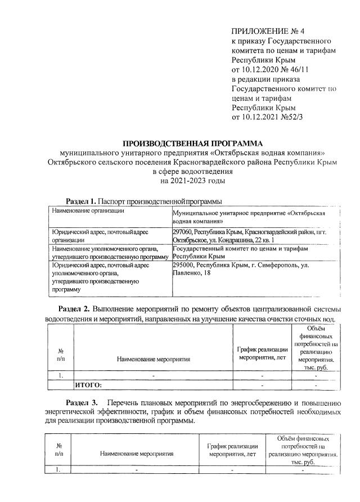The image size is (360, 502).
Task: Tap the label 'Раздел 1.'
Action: pos(81,201)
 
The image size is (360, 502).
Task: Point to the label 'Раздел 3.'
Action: pos(82,403)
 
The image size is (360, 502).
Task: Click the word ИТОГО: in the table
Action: pos(88,385)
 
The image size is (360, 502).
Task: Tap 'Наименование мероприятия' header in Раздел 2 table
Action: pos(153,358)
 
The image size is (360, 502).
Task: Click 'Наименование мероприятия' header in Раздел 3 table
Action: pos(136,452)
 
